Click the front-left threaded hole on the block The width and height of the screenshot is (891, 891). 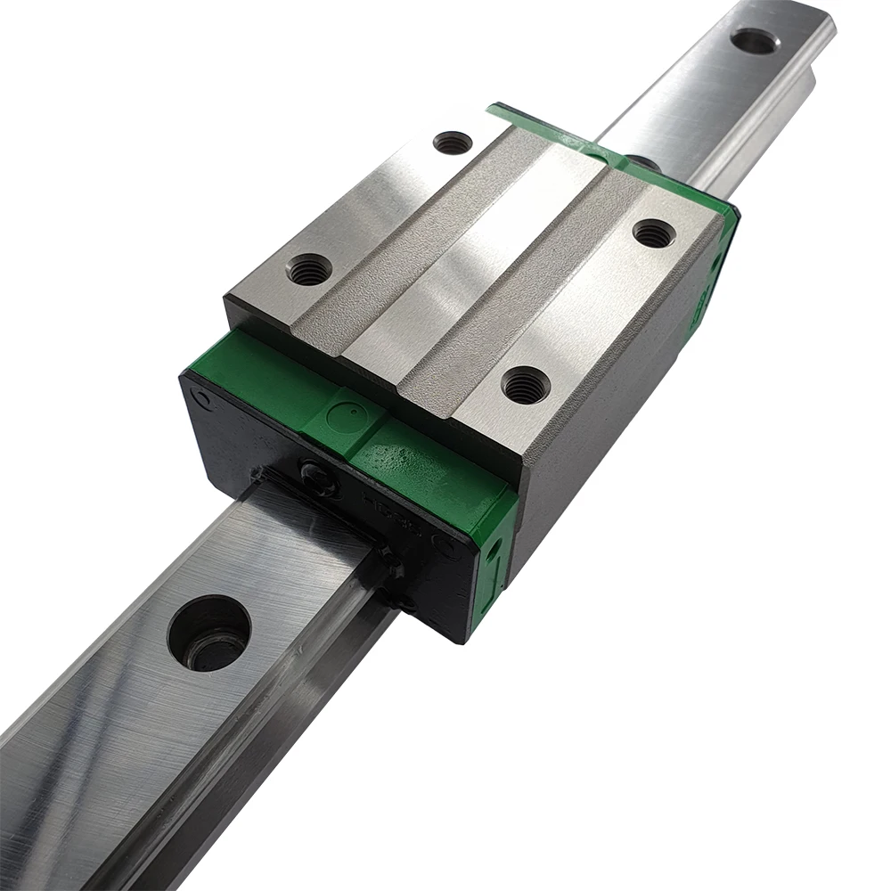tap(308, 268)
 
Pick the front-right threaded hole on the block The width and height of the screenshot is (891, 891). tap(525, 383)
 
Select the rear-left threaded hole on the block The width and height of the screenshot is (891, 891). tap(452, 142)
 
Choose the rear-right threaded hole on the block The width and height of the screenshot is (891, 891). tap(653, 233)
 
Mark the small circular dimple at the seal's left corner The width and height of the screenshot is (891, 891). tap(203, 397)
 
